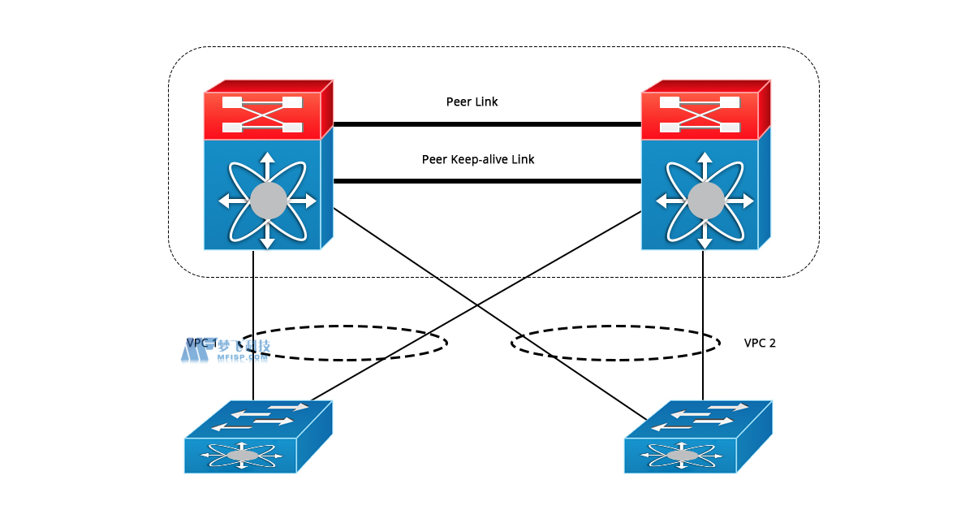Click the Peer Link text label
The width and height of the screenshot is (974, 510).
[472, 102]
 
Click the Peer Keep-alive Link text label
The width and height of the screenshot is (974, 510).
[478, 160]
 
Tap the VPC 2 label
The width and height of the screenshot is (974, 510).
[760, 343]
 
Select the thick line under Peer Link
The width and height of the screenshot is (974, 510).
[487, 124]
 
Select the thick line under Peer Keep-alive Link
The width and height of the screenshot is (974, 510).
[487, 181]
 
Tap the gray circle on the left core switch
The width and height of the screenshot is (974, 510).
[268, 201]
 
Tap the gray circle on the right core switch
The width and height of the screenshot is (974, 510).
[705, 201]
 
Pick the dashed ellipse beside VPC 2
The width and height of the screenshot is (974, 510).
[615, 343]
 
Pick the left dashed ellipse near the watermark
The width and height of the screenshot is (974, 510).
[341, 343]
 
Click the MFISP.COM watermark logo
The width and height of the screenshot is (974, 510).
[225, 349]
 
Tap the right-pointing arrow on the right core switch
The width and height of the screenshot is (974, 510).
[743, 201]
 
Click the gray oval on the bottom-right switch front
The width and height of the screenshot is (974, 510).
[682, 456]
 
